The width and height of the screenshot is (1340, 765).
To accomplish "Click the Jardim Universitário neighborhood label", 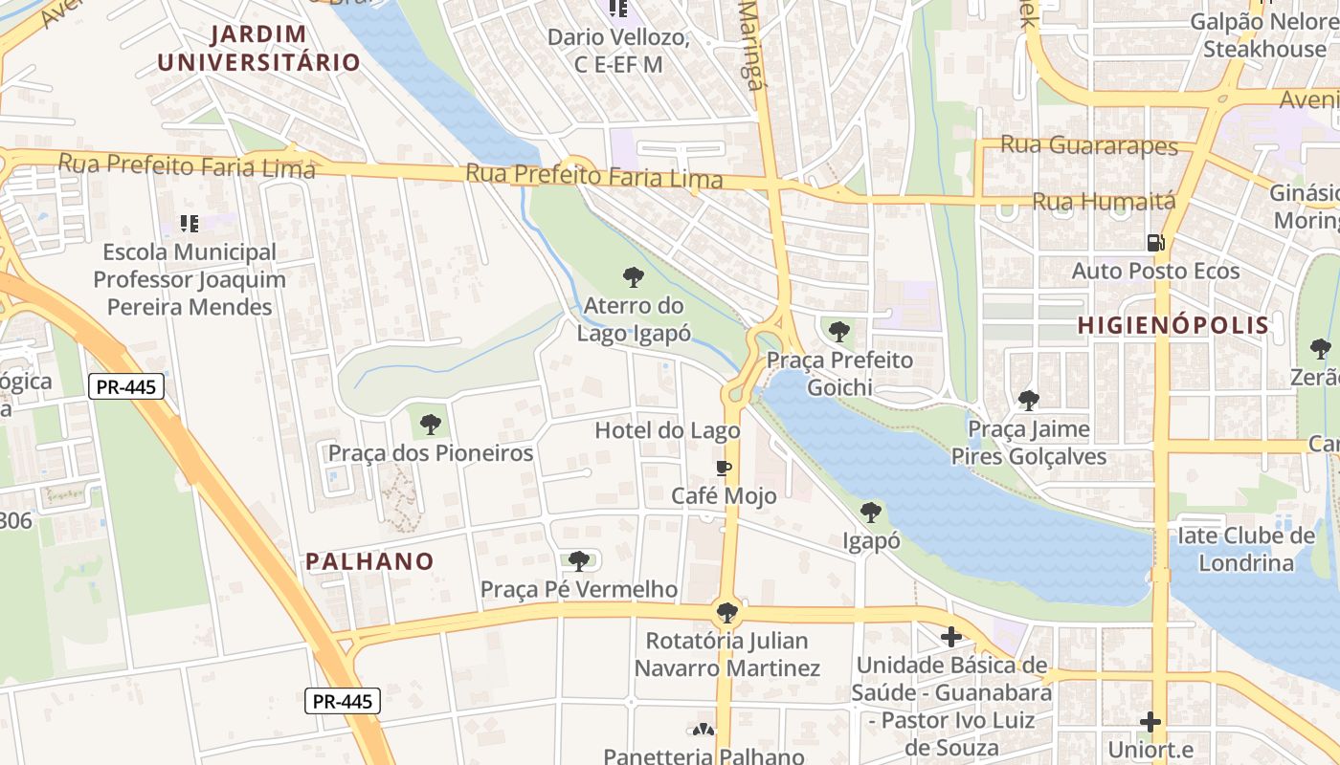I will (258, 49).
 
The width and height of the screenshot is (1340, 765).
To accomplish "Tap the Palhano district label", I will (369, 561).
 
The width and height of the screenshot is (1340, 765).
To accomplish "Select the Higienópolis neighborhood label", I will (1173, 325).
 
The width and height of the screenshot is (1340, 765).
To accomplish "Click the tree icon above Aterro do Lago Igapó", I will (633, 277).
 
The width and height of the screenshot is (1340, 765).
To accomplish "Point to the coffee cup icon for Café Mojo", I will (724, 468).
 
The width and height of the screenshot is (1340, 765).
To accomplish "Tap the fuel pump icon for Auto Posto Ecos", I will (1155, 243).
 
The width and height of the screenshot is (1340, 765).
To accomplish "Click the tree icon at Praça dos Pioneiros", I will (431, 424).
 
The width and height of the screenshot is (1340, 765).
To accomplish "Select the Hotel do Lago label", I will (667, 430).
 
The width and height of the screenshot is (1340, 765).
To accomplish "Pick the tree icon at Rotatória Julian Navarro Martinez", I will (727, 612).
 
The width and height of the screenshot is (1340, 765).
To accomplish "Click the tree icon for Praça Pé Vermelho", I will (579, 560).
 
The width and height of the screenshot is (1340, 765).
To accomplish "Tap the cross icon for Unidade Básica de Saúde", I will (951, 636).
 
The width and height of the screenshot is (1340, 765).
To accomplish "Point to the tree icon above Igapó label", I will (871, 513).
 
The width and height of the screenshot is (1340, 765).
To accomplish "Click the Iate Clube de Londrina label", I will (1246, 549).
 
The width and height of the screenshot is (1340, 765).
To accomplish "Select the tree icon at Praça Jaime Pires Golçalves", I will (1029, 400).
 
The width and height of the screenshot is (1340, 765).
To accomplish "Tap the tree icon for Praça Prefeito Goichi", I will (839, 332).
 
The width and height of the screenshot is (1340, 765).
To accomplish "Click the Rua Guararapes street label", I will (1089, 145).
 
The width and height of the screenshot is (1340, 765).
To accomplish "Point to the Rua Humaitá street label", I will (1104, 202).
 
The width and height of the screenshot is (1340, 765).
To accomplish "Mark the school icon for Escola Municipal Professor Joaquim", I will (190, 224).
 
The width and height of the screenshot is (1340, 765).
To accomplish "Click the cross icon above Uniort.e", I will (1150, 721).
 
